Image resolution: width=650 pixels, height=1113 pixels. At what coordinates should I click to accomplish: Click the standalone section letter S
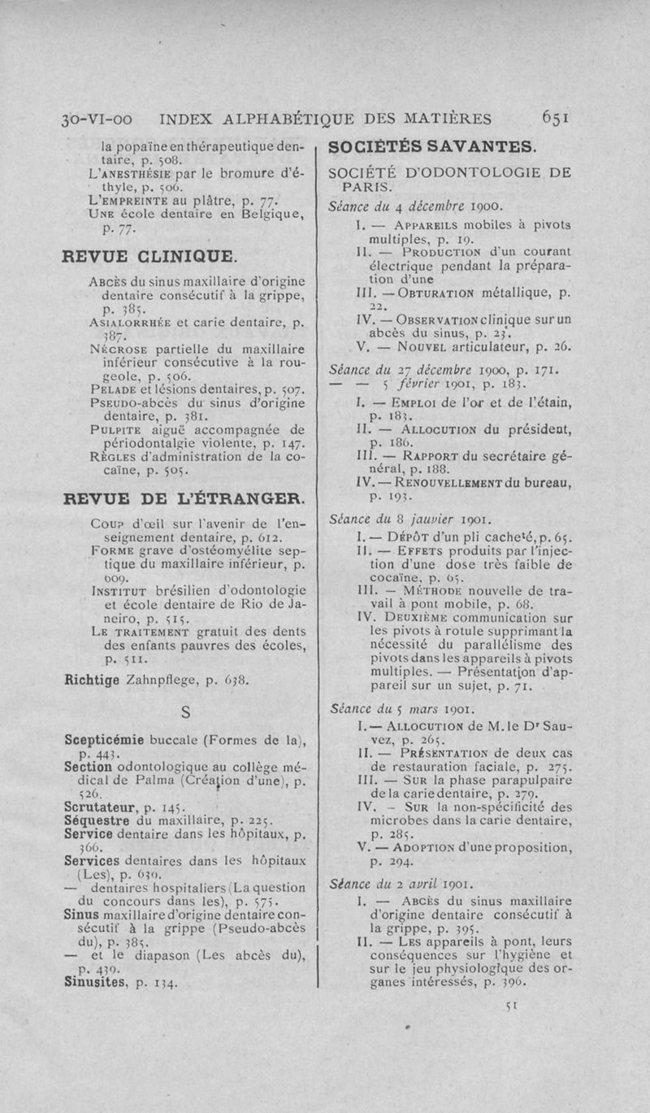186,713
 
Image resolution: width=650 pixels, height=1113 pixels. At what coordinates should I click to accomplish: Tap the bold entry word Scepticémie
104,740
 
